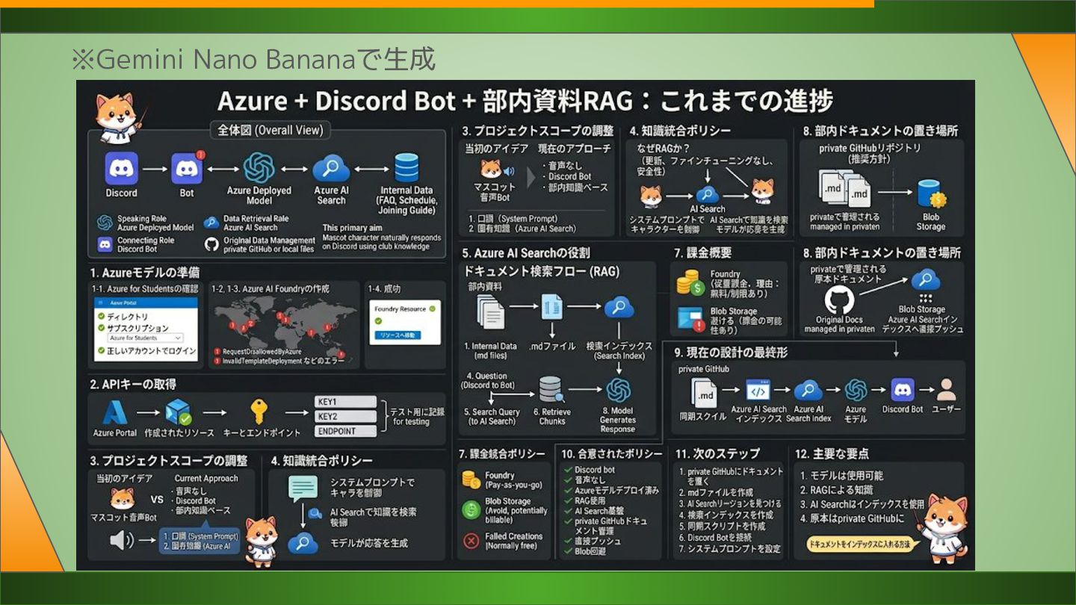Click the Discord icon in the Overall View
pyautogui.click(x=121, y=168)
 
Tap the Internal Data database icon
pyautogui.click(x=406, y=168)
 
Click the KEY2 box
pyautogui.click(x=345, y=417)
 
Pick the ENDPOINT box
pyautogui.click(x=345, y=431)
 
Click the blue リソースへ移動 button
pyautogui.click(x=401, y=335)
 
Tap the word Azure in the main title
pyautogui.click(x=253, y=101)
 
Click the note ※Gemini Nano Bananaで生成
pyautogui.click(x=253, y=59)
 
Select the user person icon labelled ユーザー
pyautogui.click(x=946, y=390)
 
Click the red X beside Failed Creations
pyautogui.click(x=471, y=541)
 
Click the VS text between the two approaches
pyautogui.click(x=157, y=500)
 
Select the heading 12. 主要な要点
pyautogui.click(x=832, y=453)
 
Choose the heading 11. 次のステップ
pyautogui.click(x=717, y=453)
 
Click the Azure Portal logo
pyautogui.click(x=114, y=412)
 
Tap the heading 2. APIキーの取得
pyautogui.click(x=133, y=384)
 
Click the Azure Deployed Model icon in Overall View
pyautogui.click(x=259, y=168)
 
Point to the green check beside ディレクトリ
pyautogui.click(x=100, y=317)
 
